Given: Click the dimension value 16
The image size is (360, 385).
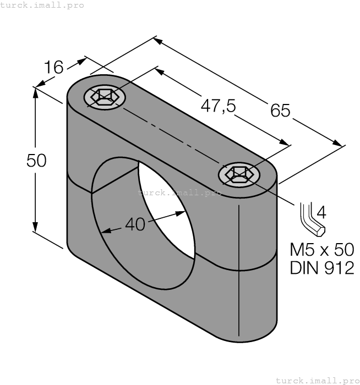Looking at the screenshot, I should pos(54,67).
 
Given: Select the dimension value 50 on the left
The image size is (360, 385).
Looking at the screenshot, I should pos(36,160).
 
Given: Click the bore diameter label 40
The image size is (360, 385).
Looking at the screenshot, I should pos(135,224).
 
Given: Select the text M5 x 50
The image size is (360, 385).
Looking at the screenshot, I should pos(321,249).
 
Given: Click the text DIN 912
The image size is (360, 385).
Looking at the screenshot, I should pos(321,268).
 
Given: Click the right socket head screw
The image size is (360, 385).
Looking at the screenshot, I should pos(239,174).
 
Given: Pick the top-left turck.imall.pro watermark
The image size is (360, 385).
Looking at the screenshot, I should pos(42,5).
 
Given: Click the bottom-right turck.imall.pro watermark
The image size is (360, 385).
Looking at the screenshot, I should pos(318,380).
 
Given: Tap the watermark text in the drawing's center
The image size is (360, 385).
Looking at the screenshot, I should pos(179,193).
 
